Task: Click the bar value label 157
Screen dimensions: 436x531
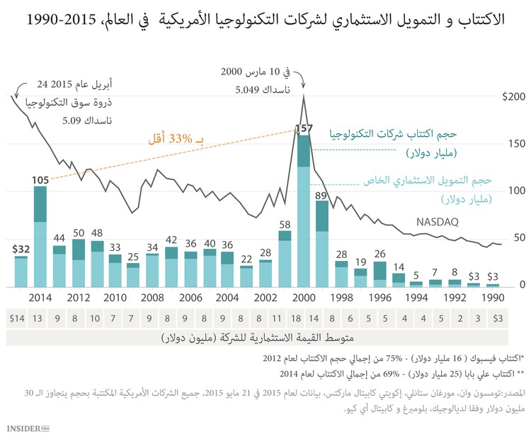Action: (x=304, y=128)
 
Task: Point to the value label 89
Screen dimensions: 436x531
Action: (x=322, y=195)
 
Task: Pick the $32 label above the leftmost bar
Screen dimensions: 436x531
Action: (x=21, y=249)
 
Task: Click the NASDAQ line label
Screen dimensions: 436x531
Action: (x=438, y=221)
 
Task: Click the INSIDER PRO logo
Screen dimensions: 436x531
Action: (x=33, y=427)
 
